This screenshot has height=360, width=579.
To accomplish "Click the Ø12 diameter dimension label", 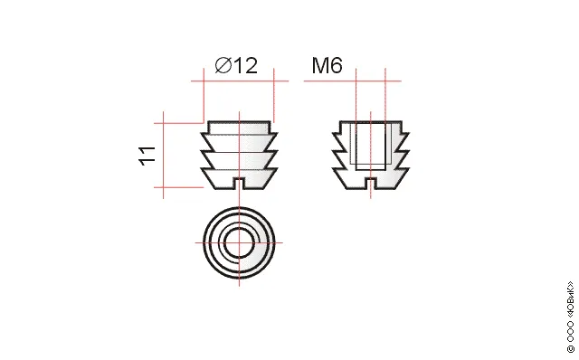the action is pos(235,66).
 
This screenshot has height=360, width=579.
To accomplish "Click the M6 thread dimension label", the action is pos(327,65).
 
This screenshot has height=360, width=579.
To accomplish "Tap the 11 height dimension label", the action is pos(147,156).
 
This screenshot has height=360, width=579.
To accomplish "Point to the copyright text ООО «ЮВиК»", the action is pos(570,317).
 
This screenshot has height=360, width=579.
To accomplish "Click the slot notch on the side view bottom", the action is pos(239,183).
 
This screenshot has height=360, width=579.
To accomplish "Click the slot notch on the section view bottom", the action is pos(371,183).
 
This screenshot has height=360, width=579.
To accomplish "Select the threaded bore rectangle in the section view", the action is pos(371,146).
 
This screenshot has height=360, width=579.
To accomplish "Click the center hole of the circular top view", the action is pos(239,243).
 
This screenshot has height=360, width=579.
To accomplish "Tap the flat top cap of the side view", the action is pos(239,127).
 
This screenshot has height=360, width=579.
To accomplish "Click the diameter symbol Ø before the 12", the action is pos(223,66).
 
